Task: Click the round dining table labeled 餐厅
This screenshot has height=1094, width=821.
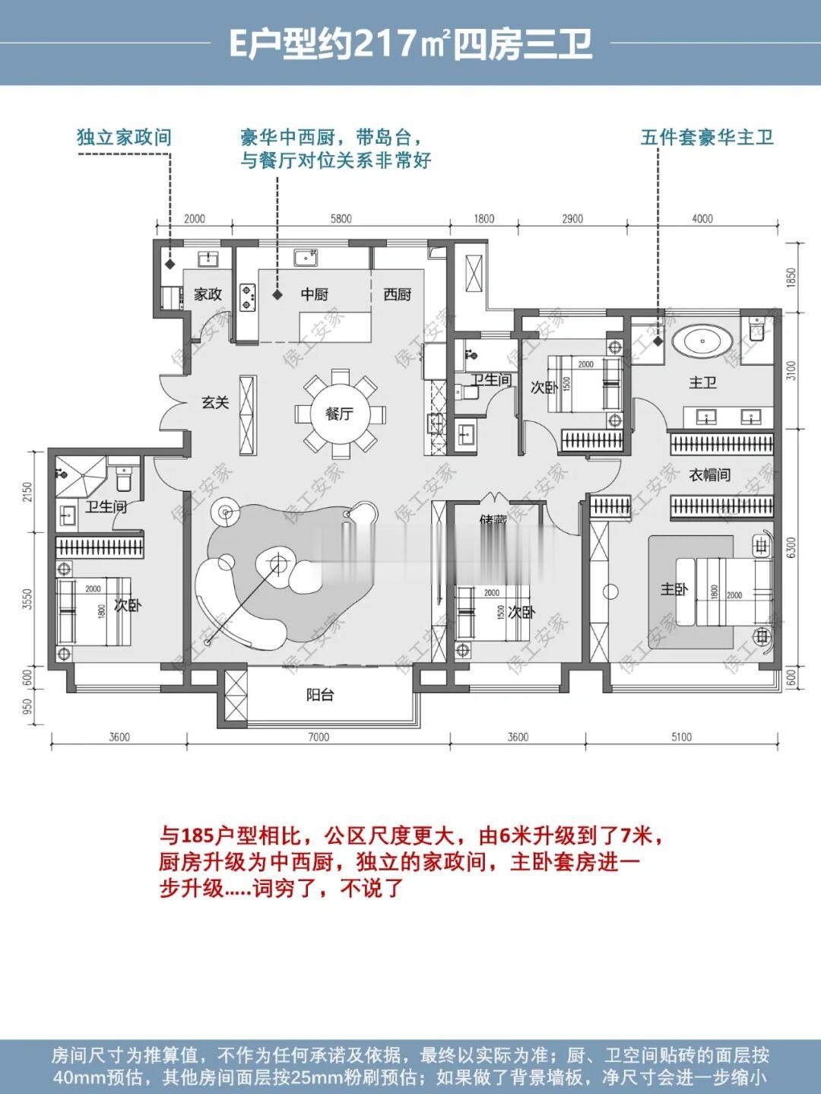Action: click(x=340, y=414)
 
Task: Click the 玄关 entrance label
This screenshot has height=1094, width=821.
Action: click(x=215, y=402)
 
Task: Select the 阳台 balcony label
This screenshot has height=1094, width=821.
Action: click(x=320, y=694)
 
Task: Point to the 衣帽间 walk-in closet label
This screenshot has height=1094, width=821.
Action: click(x=709, y=474)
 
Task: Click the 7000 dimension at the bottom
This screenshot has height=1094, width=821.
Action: click(x=319, y=737)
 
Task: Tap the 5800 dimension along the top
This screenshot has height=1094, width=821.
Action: click(x=341, y=219)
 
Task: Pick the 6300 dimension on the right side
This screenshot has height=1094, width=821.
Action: click(x=791, y=547)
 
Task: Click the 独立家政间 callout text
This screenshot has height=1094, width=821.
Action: click(x=124, y=138)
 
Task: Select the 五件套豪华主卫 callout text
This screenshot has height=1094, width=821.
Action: click(x=707, y=138)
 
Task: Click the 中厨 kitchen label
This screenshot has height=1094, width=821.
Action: click(x=314, y=294)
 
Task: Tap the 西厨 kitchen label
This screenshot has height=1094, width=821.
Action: click(x=397, y=294)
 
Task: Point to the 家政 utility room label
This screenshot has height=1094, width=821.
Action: click(x=208, y=294)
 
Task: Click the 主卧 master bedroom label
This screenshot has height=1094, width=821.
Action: click(x=674, y=589)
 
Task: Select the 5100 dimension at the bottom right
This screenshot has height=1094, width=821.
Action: click(x=681, y=737)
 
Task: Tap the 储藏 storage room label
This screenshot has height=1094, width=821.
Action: click(x=493, y=522)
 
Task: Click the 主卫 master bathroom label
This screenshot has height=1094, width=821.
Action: click(x=702, y=382)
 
